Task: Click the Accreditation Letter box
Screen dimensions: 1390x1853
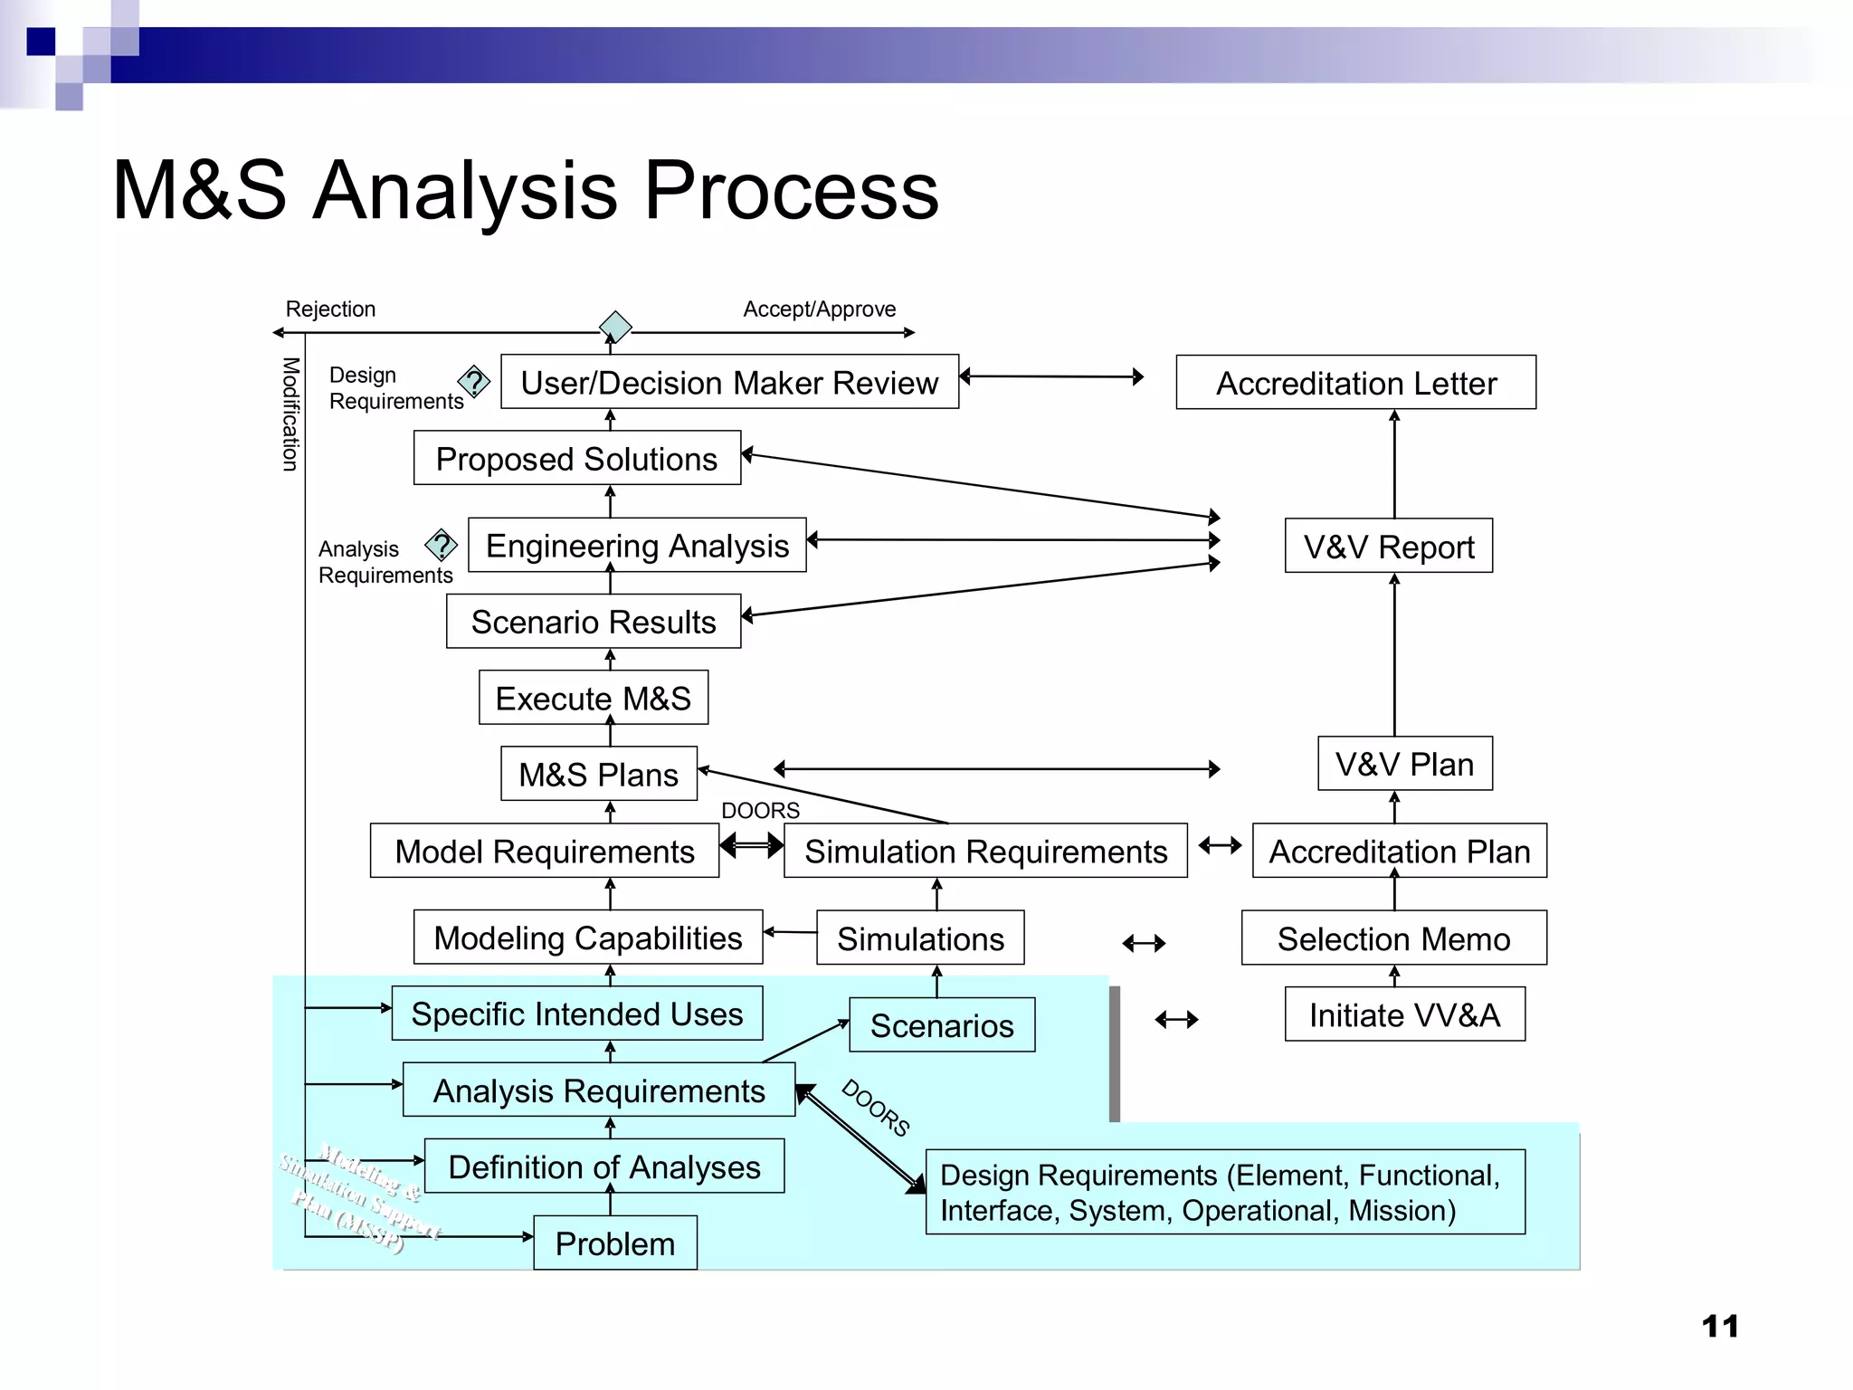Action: coord(1355,383)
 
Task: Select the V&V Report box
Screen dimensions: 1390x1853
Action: coord(1388,547)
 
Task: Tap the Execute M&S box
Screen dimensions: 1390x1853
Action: coord(593,698)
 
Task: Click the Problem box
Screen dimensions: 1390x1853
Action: coord(615,1243)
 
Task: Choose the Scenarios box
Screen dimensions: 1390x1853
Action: coord(942,1025)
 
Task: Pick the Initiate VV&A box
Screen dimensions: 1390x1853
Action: coord(1404,1014)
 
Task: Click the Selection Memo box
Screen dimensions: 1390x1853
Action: coord(1393,938)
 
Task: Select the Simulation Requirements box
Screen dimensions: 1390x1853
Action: coord(985,852)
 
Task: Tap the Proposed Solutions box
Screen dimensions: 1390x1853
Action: coord(576,459)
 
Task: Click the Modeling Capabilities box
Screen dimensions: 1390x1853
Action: coord(587,938)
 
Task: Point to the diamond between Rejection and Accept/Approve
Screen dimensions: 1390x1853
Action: coord(615,327)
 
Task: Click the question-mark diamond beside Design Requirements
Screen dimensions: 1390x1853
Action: coord(473,382)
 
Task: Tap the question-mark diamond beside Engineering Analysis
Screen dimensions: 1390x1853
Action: coord(441,546)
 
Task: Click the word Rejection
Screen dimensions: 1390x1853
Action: coord(330,309)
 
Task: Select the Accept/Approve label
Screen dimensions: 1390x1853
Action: coord(819,309)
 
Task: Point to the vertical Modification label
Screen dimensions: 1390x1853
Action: coord(290,414)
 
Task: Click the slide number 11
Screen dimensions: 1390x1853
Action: coord(1719,1327)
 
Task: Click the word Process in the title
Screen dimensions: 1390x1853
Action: coord(791,191)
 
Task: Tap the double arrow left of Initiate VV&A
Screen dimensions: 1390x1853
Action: coord(1176,1020)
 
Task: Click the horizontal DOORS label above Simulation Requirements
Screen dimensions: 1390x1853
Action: coord(760,810)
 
